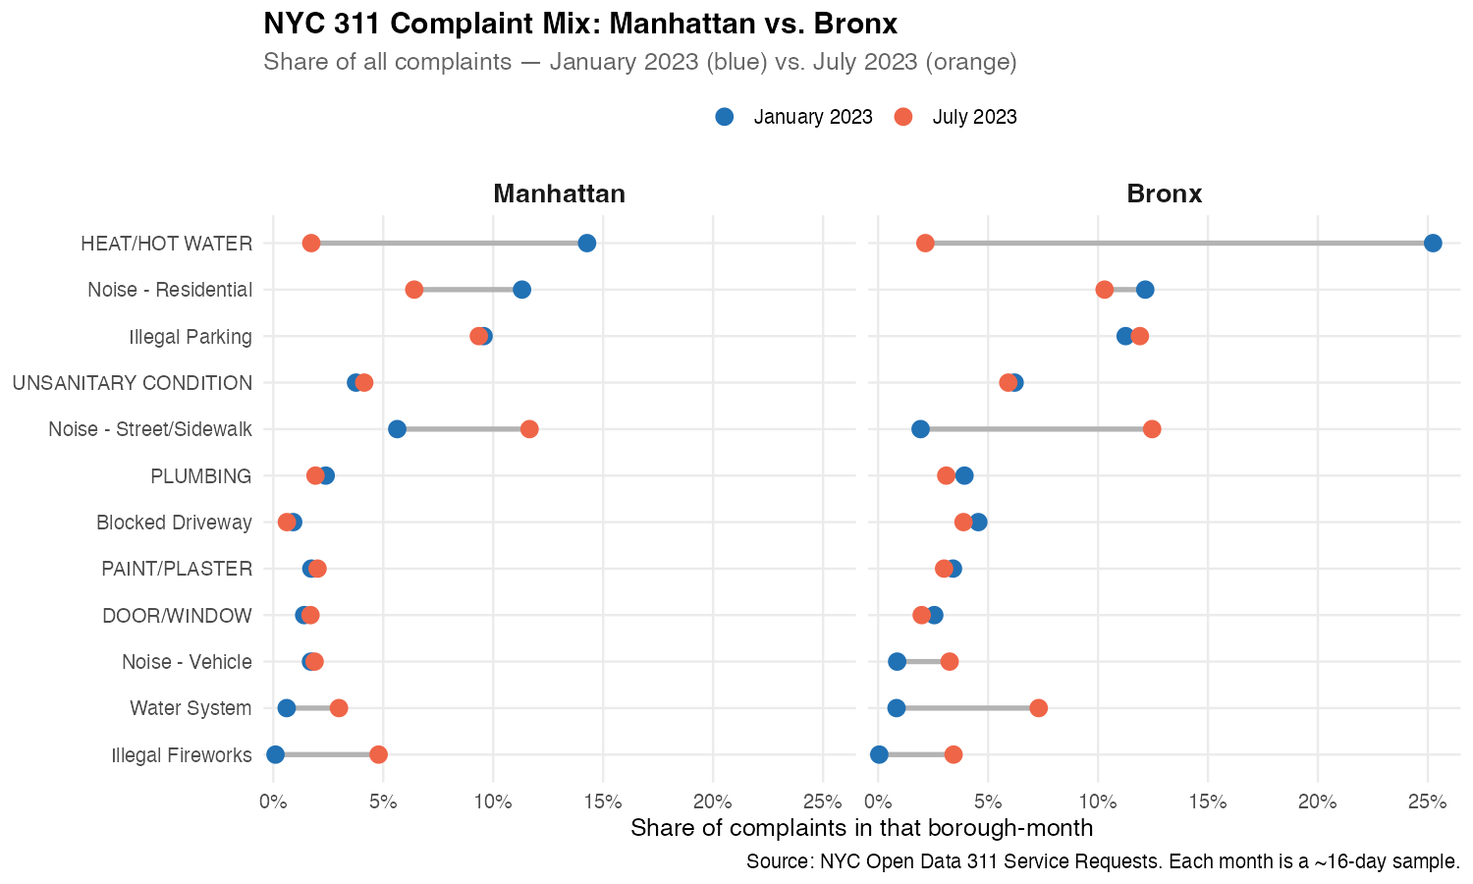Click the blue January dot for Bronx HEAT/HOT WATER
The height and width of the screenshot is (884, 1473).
1433,244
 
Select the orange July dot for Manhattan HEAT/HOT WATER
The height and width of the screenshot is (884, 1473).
311,244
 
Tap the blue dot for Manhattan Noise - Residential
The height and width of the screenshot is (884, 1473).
521,290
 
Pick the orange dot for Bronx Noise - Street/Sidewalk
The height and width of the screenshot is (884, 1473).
1152,429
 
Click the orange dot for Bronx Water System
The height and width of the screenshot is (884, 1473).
1038,708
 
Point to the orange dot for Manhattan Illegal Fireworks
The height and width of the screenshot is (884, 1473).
378,754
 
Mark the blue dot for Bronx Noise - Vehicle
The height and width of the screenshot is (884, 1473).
897,662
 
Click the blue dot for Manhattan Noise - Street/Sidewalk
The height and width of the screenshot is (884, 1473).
397,429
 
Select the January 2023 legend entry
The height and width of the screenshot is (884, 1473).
794,117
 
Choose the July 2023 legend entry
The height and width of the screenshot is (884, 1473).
956,117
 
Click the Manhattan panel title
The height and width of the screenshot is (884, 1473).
559,193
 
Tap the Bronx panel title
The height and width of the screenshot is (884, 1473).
1164,193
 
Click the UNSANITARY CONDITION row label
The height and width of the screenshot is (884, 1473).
133,383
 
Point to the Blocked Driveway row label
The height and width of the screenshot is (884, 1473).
174,523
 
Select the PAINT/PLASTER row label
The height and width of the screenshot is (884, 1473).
177,569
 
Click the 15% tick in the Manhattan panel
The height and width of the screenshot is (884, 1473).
603,801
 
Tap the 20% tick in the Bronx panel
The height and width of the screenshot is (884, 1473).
1318,801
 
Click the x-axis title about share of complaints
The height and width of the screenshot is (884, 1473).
861,828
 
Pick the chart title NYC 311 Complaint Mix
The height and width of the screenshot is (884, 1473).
580,24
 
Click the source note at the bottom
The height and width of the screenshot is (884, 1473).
1103,862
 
